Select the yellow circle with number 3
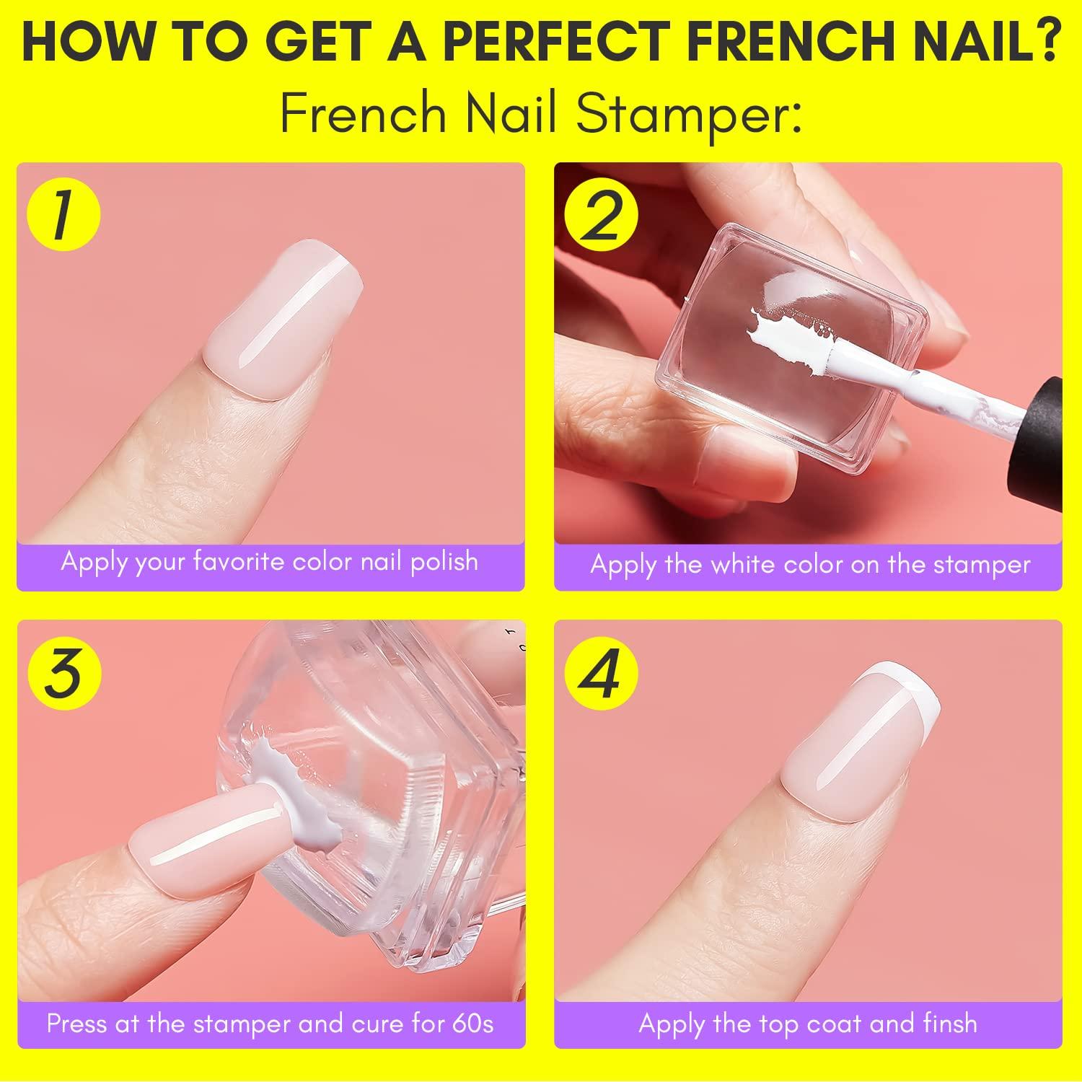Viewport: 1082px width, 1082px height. coord(63,674)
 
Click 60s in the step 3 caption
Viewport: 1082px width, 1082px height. coord(472,1023)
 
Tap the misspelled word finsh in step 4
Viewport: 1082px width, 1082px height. coord(945,1023)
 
